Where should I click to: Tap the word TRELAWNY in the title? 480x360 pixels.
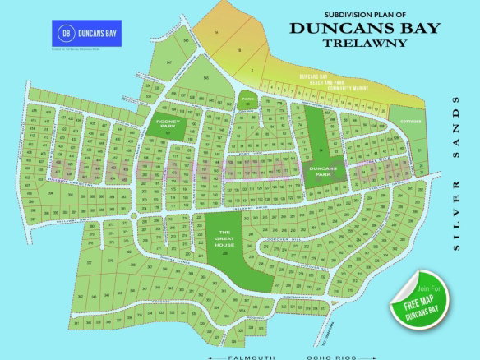(366, 42)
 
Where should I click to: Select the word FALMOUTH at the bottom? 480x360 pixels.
(247, 357)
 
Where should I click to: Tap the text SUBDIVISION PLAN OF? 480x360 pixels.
(367, 14)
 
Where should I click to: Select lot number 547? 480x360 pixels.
(168, 63)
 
